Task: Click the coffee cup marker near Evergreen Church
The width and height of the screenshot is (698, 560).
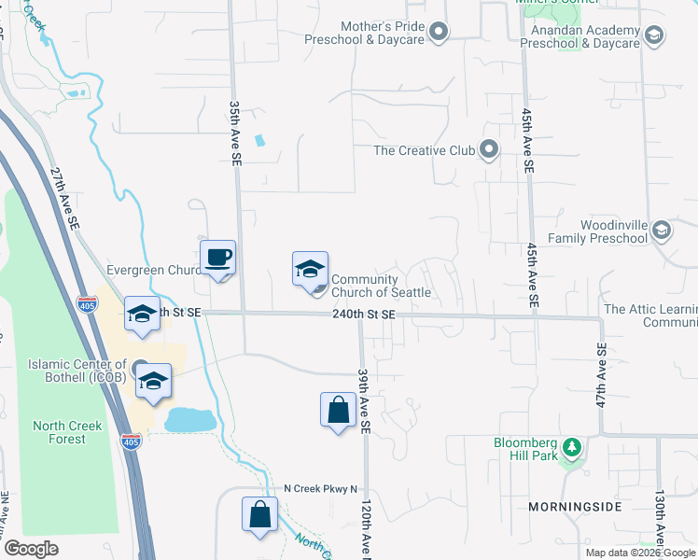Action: coord(217,258)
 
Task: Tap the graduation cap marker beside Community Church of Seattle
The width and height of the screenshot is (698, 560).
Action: coord(310,270)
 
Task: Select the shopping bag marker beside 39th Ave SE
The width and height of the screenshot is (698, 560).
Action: coord(337,410)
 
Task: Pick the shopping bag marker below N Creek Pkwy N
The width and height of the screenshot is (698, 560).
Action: coord(259,514)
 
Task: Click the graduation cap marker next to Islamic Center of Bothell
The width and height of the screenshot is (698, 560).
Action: coord(153,381)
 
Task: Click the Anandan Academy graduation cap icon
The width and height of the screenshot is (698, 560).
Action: coord(653,35)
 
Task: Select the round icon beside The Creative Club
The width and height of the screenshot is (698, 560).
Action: coord(488,149)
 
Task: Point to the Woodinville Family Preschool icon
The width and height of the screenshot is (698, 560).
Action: coord(661,230)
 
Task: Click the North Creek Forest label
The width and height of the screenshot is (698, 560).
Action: coord(67,432)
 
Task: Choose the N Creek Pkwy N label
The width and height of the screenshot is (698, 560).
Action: coord(321,489)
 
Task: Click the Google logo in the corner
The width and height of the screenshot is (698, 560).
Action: coord(31,549)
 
